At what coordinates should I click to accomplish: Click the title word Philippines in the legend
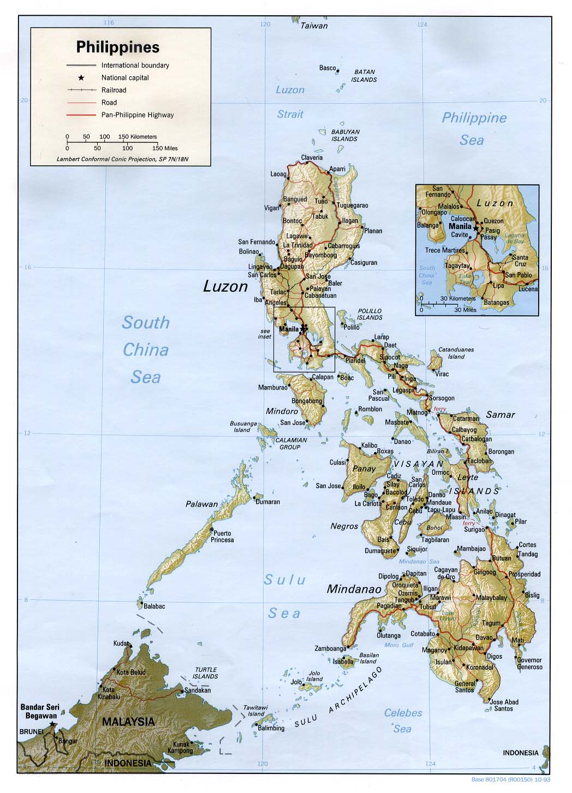(117, 47)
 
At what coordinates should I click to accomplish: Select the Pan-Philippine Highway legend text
(138, 115)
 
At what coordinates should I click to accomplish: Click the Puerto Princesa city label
(223, 537)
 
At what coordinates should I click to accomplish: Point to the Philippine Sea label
(473, 129)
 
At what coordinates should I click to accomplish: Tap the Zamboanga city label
(330, 648)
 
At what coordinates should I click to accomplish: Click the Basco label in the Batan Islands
(327, 68)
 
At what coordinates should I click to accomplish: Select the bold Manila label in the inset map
(460, 226)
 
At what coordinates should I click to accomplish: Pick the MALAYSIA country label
(128, 722)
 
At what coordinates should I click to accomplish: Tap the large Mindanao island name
(353, 589)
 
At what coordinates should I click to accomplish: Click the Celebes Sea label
(403, 720)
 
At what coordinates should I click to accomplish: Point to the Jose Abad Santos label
(504, 705)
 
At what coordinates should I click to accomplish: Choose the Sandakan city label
(197, 690)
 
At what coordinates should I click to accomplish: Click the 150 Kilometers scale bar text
(137, 137)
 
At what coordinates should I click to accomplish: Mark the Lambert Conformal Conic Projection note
(126, 159)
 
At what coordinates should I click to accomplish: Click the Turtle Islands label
(205, 672)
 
